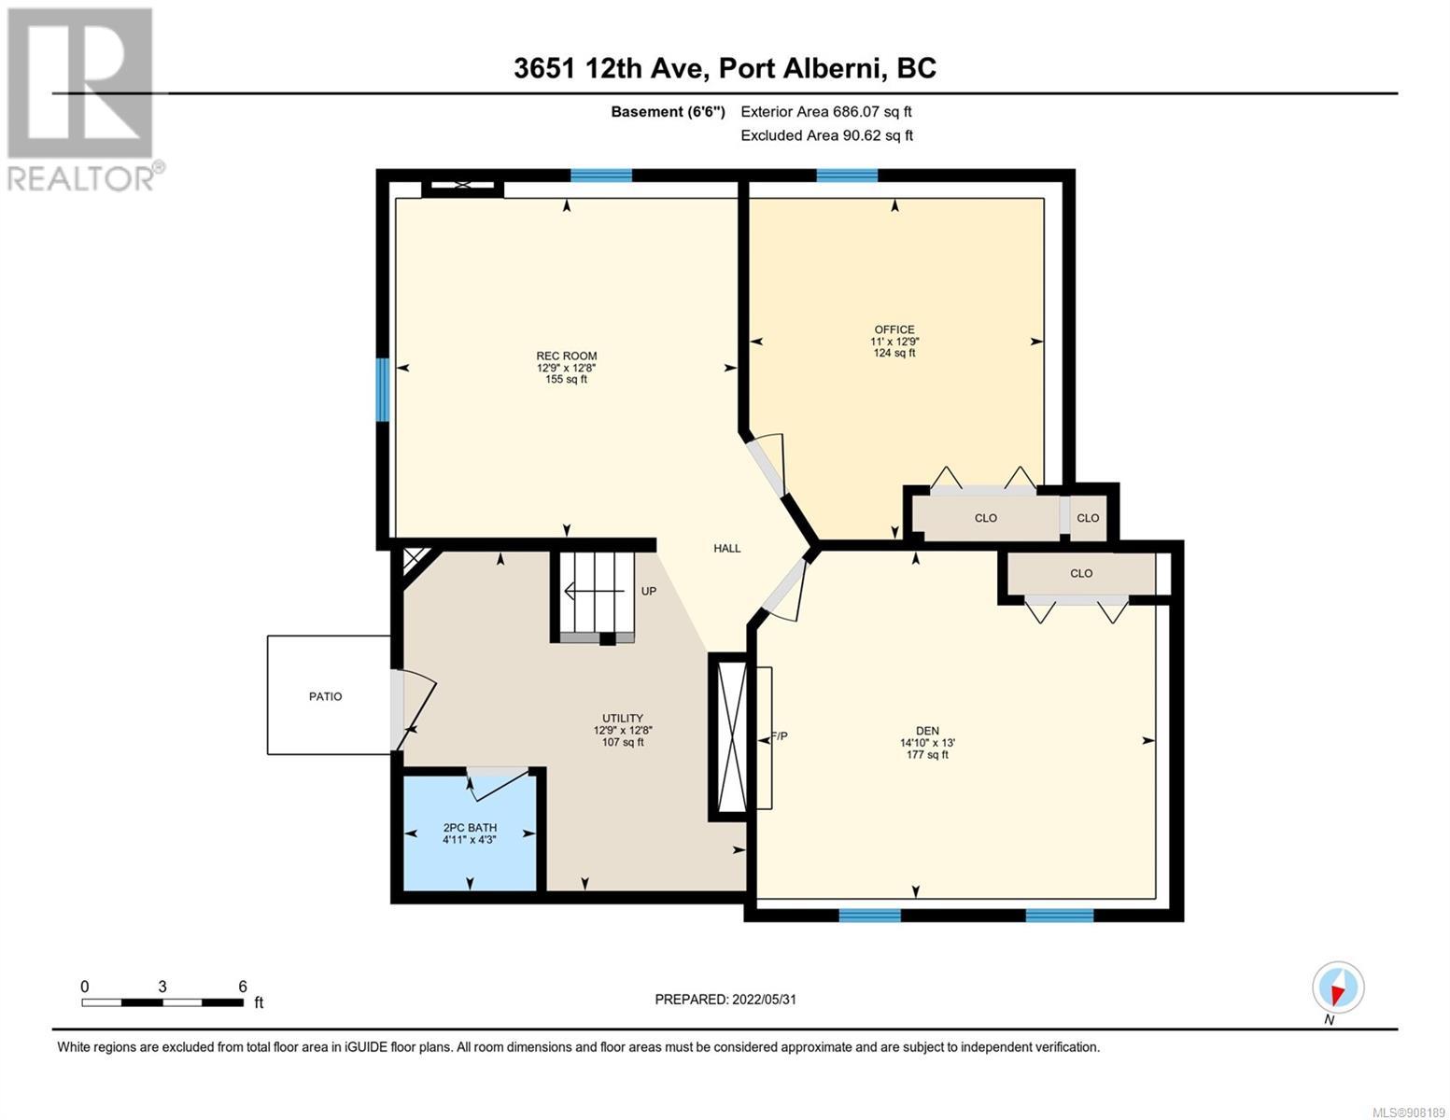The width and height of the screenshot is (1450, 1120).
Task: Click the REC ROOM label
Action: click(x=566, y=356)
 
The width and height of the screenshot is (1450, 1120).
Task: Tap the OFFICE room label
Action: click(x=894, y=329)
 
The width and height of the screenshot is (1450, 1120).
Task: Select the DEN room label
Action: click(x=927, y=731)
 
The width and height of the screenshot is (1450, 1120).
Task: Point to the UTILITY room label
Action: click(x=622, y=719)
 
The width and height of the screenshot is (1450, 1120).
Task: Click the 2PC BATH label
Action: click(x=470, y=828)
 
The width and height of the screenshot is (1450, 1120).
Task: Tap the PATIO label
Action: click(x=325, y=696)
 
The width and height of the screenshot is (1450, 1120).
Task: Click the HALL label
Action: click(x=726, y=548)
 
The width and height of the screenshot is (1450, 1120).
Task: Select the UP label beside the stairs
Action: click(x=649, y=591)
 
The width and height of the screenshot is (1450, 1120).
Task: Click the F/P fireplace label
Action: click(x=780, y=735)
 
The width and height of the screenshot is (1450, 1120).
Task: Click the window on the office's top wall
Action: click(x=847, y=175)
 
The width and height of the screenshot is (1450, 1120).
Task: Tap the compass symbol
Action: click(x=1337, y=987)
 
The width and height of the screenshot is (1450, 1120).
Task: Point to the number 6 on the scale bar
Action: click(x=242, y=986)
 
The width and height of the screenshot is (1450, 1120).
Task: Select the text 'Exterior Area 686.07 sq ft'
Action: click(x=826, y=111)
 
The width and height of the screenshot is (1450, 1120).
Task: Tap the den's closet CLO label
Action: click(x=1081, y=574)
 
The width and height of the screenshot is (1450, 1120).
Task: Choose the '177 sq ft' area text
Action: click(x=927, y=754)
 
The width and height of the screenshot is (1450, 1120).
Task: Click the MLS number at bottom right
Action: click(x=1409, y=1112)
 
